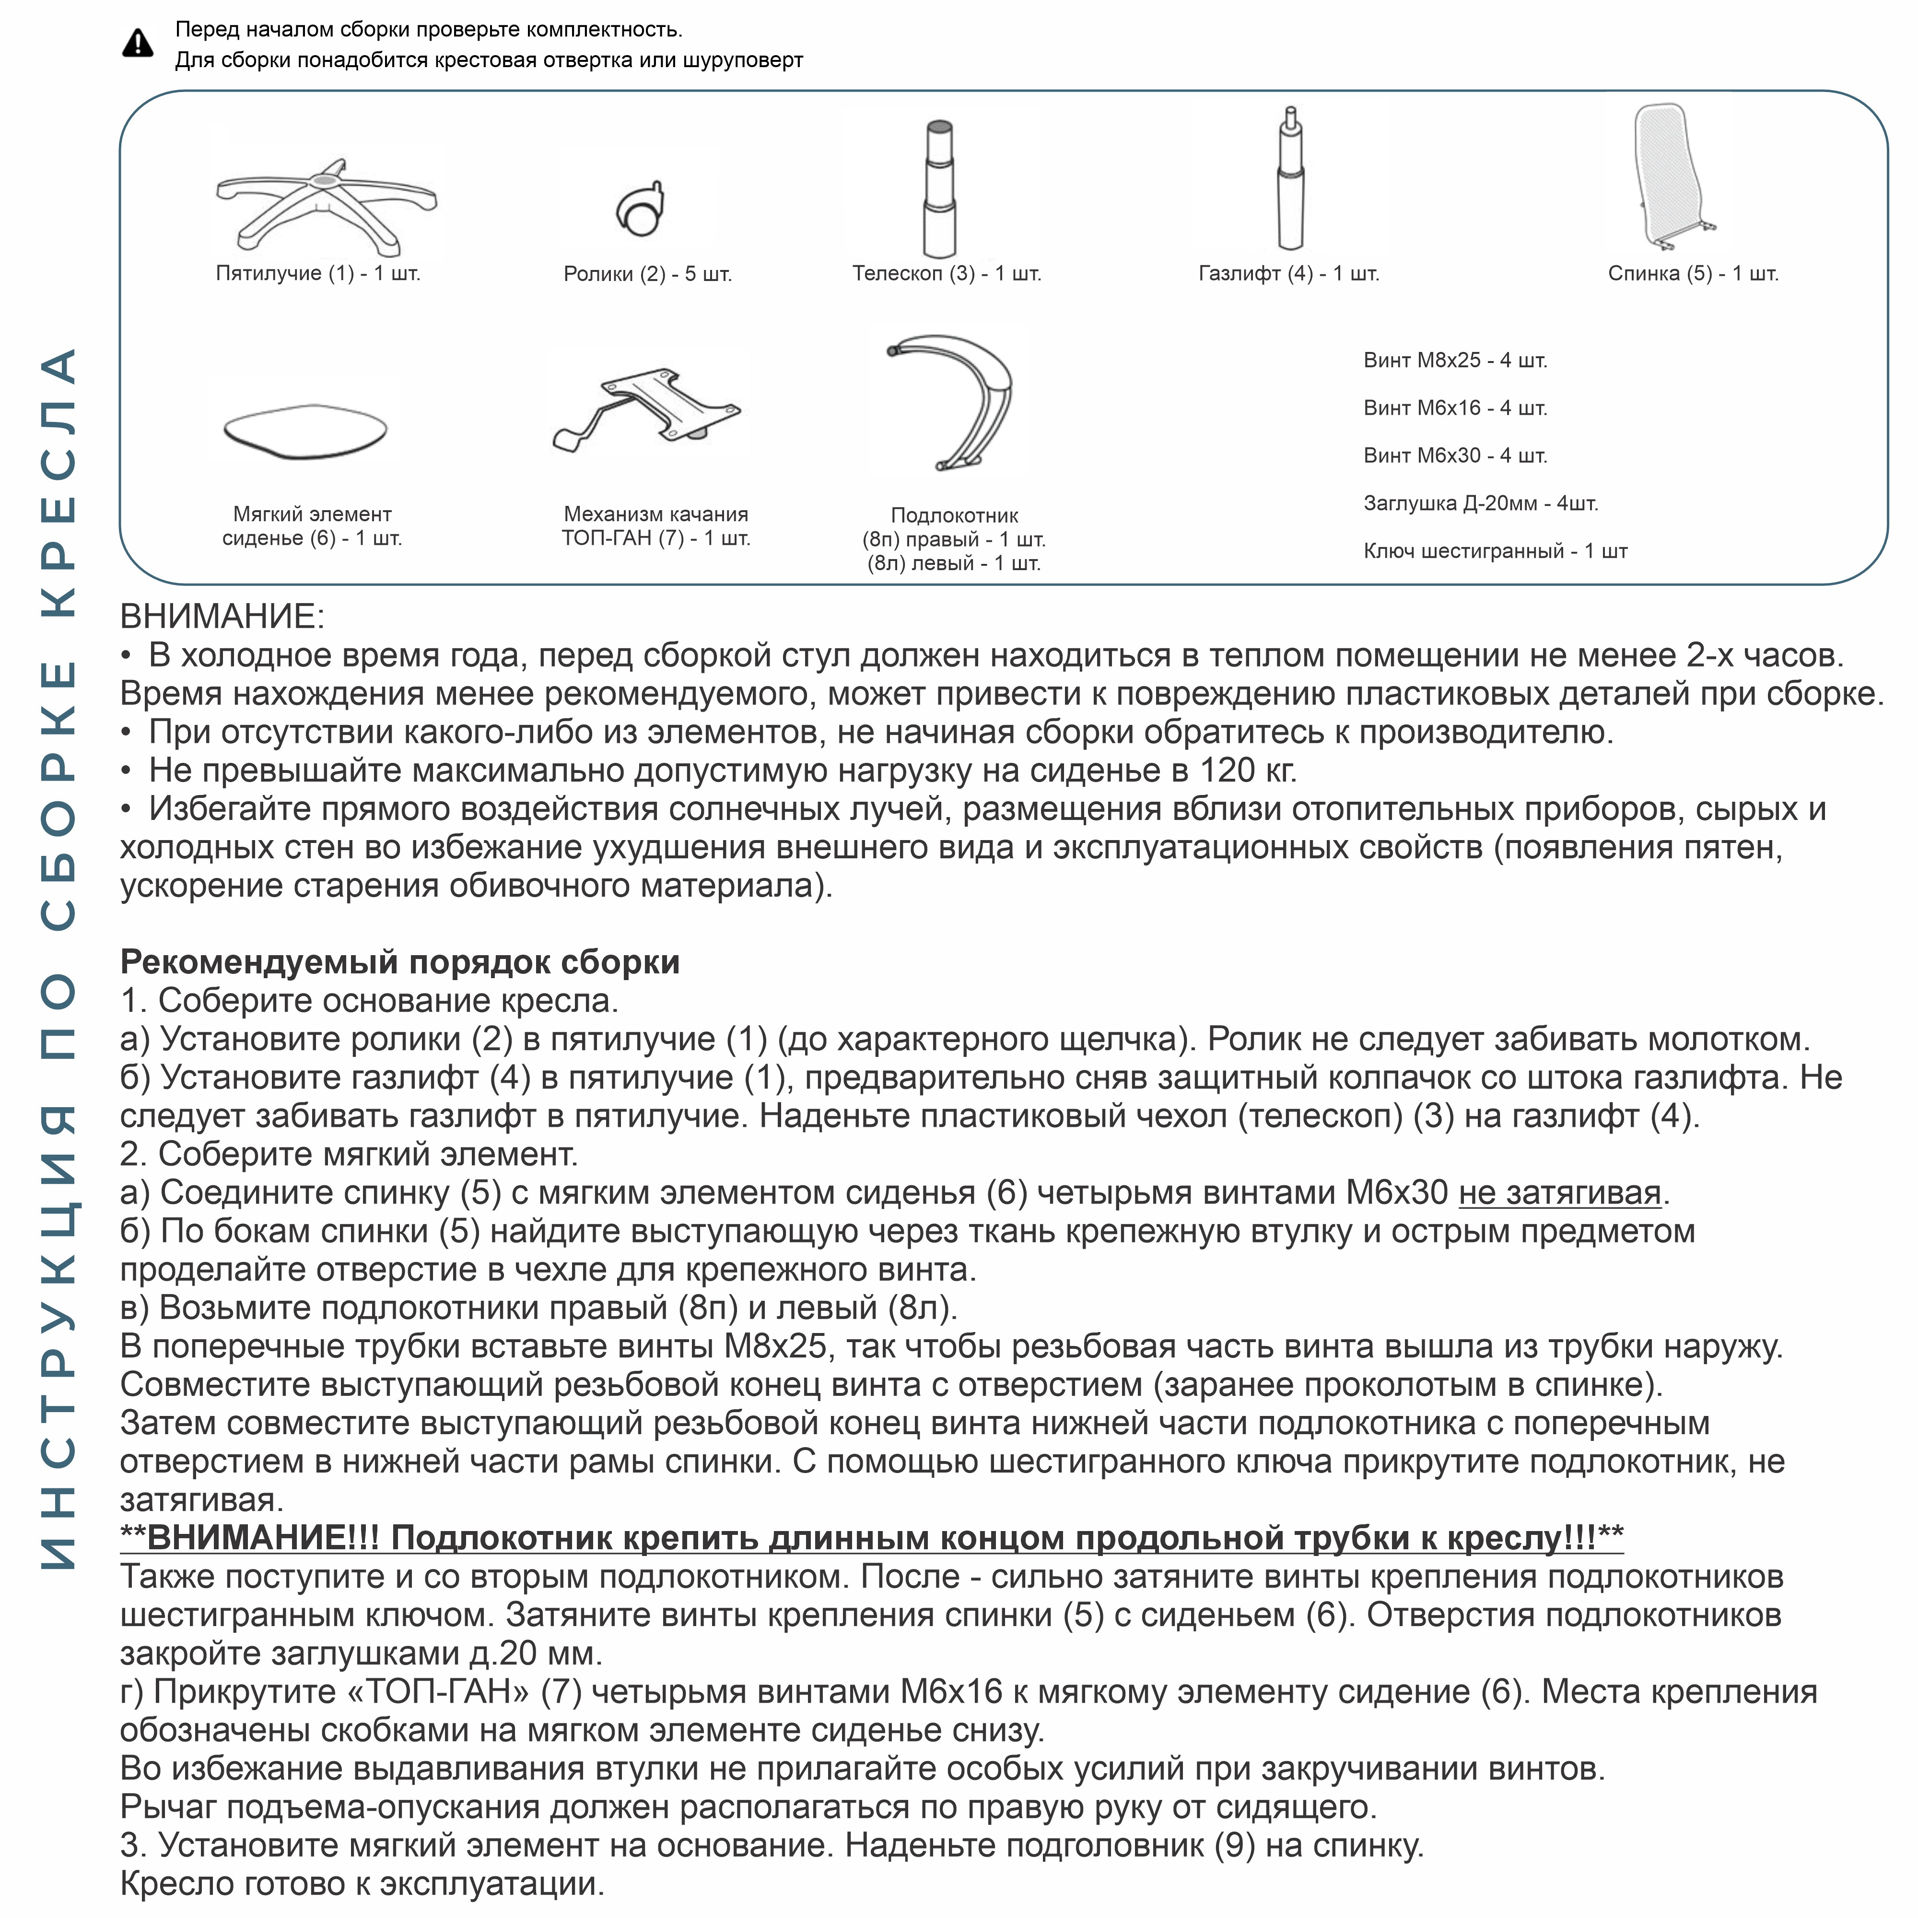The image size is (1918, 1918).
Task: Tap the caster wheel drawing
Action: pyautogui.click(x=640, y=209)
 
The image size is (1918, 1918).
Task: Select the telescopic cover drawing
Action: pyautogui.click(x=939, y=188)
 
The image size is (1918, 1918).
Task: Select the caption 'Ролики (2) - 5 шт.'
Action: pyautogui.click(x=647, y=274)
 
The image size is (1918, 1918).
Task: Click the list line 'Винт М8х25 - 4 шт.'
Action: pyautogui.click(x=1454, y=361)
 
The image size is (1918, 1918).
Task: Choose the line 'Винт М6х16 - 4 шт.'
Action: pyautogui.click(x=1454, y=408)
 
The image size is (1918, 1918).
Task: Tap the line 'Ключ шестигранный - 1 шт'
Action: pyautogui.click(x=1494, y=551)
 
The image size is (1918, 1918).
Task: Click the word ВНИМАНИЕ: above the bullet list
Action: pyautogui.click(x=222, y=617)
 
